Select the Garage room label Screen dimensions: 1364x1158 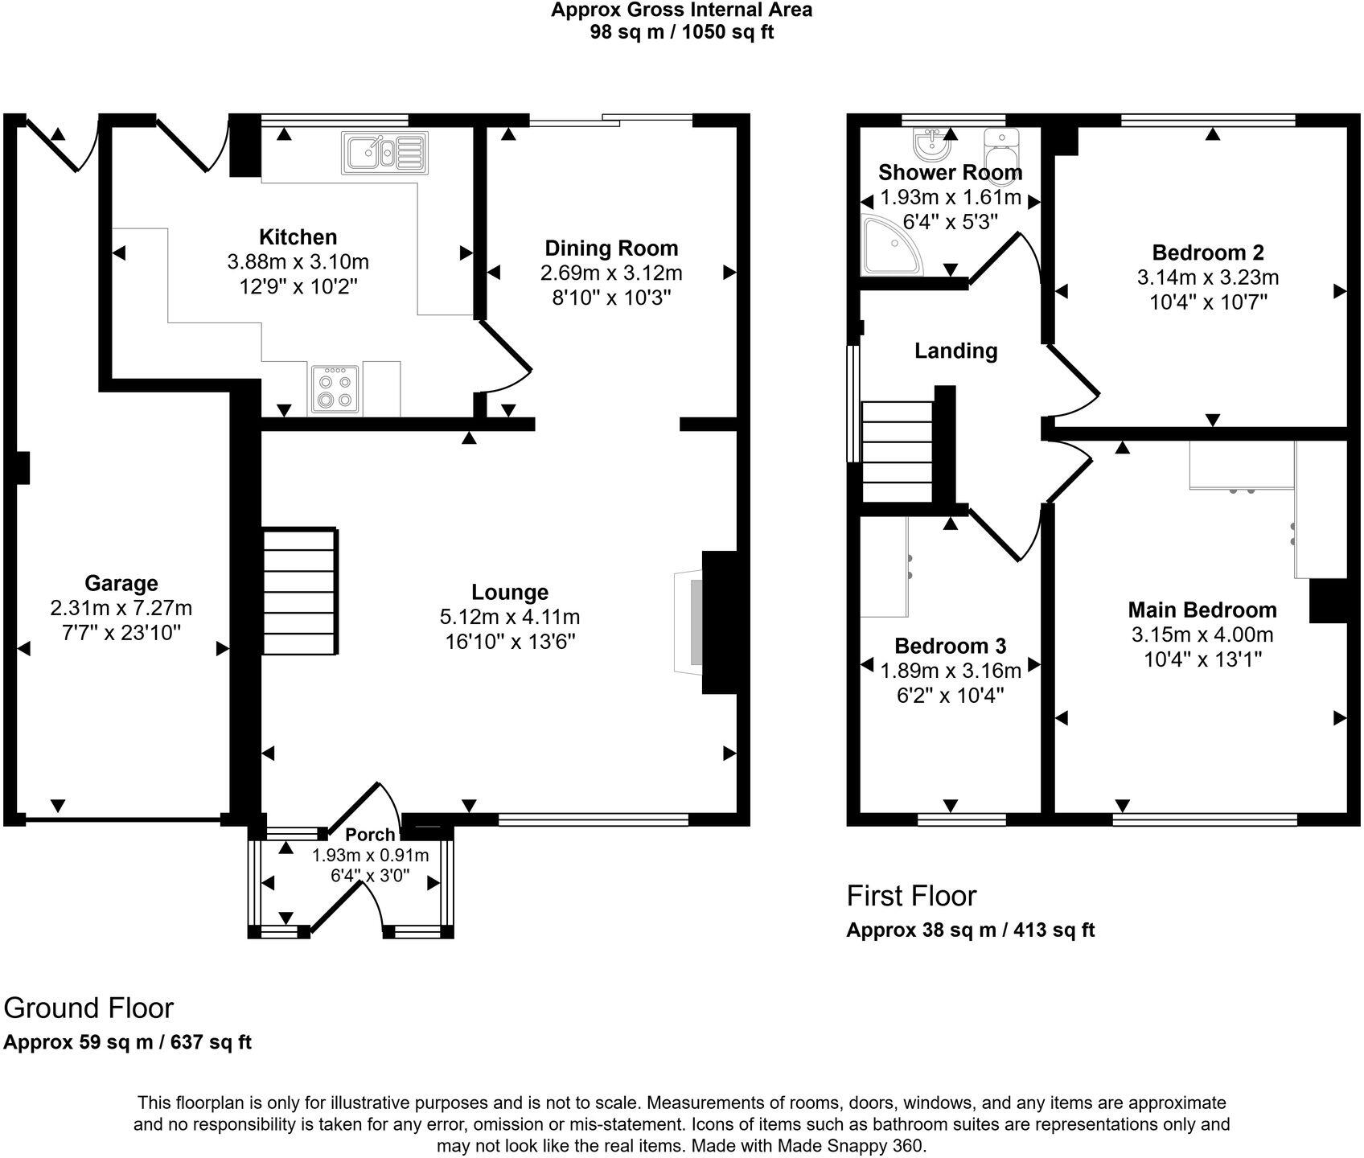click(x=121, y=583)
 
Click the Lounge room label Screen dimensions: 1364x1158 click(x=510, y=593)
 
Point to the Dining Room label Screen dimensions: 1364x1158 click(x=611, y=248)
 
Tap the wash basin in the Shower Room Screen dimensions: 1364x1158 click(x=932, y=145)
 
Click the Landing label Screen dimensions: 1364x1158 click(x=955, y=351)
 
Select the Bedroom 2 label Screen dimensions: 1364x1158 click(x=1208, y=253)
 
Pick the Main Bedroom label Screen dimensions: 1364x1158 click(x=1202, y=610)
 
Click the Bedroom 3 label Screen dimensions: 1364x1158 click(x=950, y=646)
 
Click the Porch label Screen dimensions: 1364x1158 click(x=370, y=835)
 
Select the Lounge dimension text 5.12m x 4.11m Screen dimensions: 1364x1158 click(x=510, y=618)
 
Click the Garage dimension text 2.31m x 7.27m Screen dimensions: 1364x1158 click(x=121, y=608)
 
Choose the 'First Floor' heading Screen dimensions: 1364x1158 click(x=911, y=896)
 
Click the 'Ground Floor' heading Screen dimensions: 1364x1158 click(x=88, y=1008)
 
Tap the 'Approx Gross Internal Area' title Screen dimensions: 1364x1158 click(x=681, y=10)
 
